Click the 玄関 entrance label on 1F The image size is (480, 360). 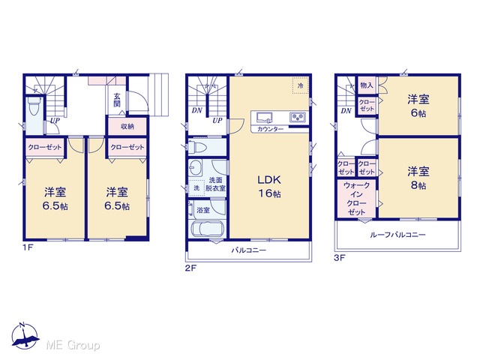click(x=117, y=100)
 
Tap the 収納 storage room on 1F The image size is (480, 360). click(x=127, y=126)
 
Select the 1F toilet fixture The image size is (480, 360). click(x=33, y=106)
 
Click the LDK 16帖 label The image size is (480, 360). click(x=269, y=187)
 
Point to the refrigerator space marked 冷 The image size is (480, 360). click(x=300, y=85)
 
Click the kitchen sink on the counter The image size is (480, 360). click(x=265, y=117)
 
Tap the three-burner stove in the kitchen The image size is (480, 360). click(x=298, y=117)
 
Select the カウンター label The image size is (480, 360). click(x=270, y=129)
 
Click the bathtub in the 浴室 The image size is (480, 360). click(x=208, y=229)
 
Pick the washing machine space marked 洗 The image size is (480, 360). click(x=196, y=187)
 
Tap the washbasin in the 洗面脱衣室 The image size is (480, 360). click(x=195, y=168)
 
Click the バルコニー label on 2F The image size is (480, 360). click(x=248, y=250)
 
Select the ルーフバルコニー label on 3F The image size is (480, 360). click(x=397, y=235)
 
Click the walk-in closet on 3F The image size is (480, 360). click(x=357, y=198)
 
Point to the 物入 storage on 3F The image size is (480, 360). click(x=367, y=85)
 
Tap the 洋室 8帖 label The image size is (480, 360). click(x=418, y=178)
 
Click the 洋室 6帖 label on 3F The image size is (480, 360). click(x=418, y=106)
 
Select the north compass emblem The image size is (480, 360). click(x=25, y=336)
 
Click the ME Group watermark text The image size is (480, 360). click(x=73, y=345)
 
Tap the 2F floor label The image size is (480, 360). click(x=190, y=268)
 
